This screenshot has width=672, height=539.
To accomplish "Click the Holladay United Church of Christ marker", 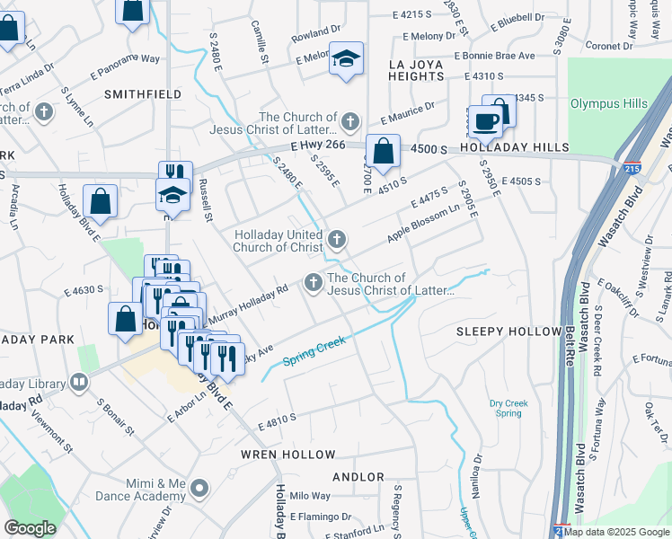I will point(337,239).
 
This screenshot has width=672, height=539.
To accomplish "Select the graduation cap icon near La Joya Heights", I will point(346,58).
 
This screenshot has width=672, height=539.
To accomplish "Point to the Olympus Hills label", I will point(608,103).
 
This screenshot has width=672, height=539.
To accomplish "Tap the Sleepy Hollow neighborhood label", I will point(508,331).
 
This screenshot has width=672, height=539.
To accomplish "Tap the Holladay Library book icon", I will point(80,384).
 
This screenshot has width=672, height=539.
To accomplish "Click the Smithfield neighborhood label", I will point(137,93).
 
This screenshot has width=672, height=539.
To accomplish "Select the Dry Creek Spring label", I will point(506,408).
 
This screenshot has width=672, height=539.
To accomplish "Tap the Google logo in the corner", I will point(31,528).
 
